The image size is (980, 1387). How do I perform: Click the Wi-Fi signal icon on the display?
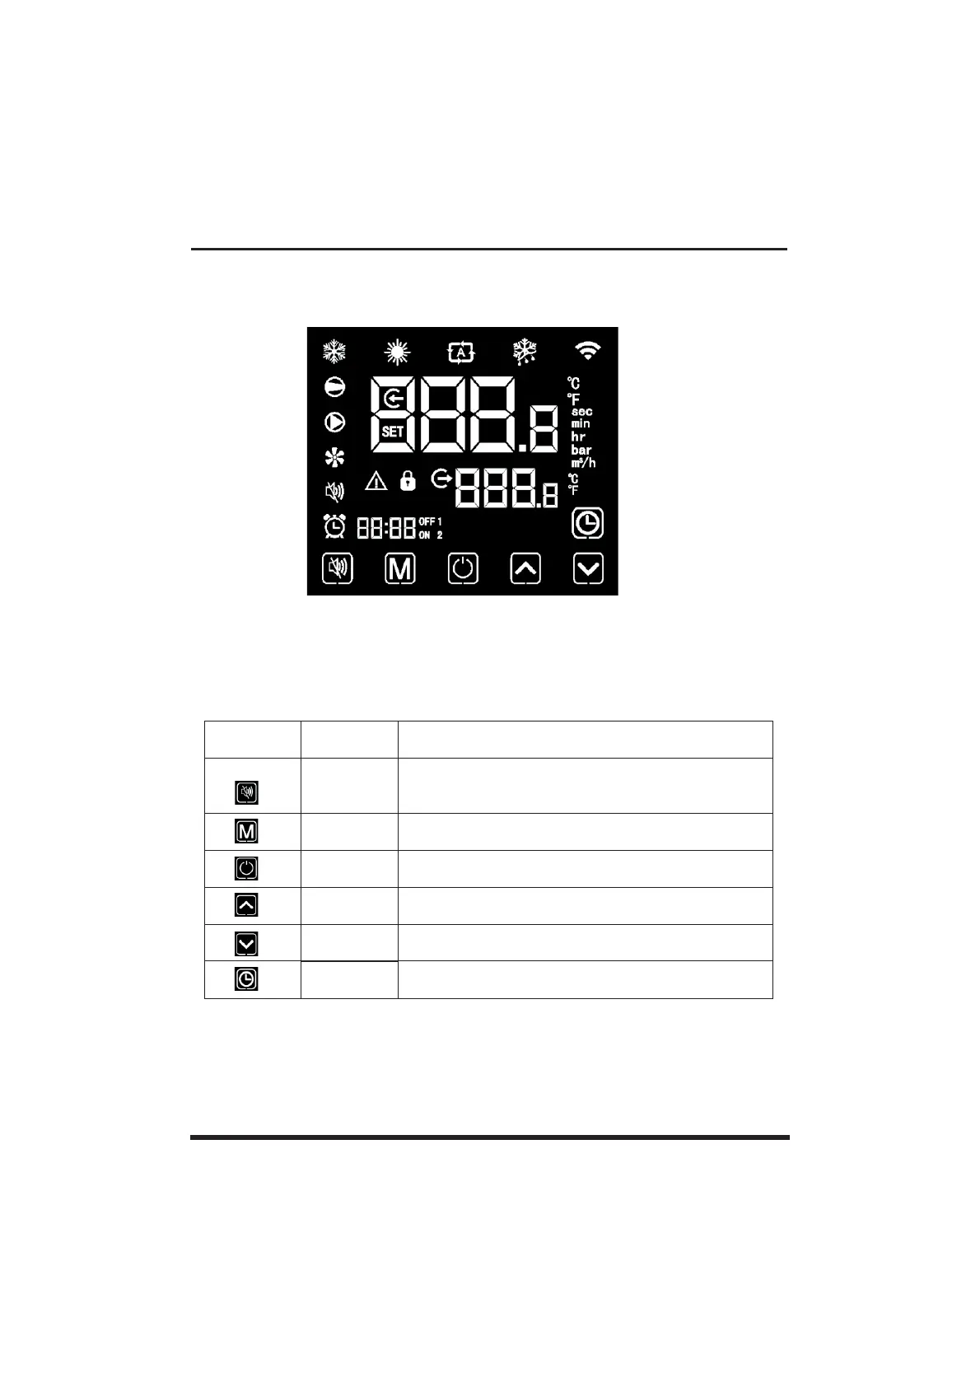[x=587, y=353]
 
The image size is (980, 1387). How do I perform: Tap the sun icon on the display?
[x=397, y=353]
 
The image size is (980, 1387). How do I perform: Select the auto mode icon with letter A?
[x=461, y=353]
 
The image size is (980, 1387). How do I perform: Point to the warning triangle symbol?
[x=376, y=481]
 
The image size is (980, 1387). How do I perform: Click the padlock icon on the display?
[x=407, y=481]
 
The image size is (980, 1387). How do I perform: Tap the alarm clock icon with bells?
[x=334, y=525]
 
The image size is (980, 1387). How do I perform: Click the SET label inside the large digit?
[x=393, y=431]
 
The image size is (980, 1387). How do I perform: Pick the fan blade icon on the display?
[x=334, y=458]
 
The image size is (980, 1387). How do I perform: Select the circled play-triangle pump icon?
[x=334, y=422]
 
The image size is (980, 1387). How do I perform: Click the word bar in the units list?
[x=581, y=450]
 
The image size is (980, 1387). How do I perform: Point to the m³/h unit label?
[x=583, y=463]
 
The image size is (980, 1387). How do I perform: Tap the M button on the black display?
[x=400, y=568]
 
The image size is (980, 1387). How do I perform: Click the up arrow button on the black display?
[x=525, y=568]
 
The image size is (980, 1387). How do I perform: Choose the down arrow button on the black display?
[x=588, y=568]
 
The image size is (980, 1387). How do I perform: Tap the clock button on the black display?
[x=587, y=524]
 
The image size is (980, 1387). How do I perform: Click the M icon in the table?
[x=246, y=832]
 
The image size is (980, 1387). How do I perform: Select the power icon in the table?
[x=246, y=868]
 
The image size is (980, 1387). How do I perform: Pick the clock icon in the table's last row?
[x=246, y=979]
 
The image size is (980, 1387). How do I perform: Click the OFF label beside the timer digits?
[x=427, y=521]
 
